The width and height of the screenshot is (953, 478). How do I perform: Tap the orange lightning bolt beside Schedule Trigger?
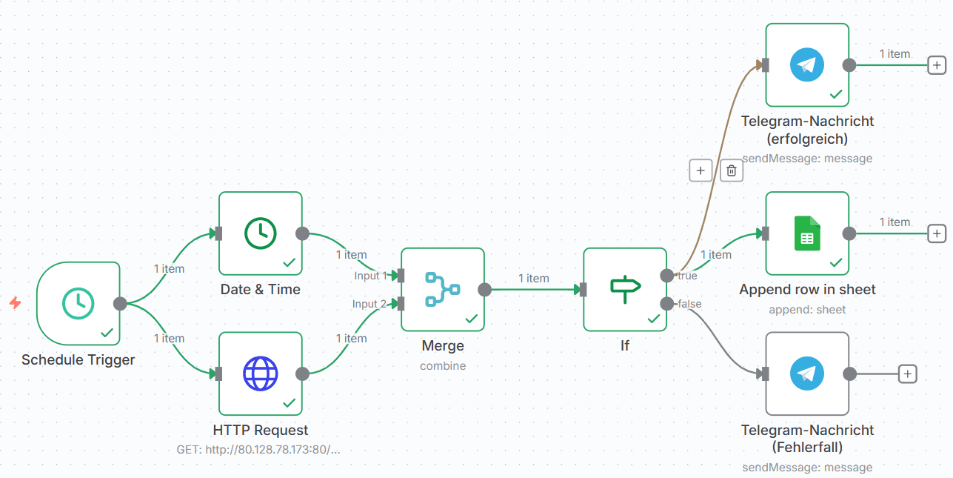click(15, 303)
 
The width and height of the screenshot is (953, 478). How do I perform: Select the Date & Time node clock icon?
click(261, 233)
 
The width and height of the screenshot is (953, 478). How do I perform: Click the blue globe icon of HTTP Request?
click(261, 374)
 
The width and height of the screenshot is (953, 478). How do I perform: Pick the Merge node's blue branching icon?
click(443, 289)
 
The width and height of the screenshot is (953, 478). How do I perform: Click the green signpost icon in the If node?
click(625, 289)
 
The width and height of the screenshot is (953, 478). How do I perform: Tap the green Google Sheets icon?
click(807, 233)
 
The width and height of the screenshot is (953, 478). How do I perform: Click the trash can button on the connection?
click(732, 170)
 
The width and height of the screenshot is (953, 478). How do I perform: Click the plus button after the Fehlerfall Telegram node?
click(908, 374)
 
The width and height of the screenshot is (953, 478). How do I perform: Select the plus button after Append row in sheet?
click(937, 233)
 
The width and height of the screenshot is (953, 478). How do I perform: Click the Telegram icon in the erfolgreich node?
click(807, 65)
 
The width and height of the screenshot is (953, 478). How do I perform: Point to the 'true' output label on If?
click(686, 276)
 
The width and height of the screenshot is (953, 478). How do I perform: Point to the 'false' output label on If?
click(689, 304)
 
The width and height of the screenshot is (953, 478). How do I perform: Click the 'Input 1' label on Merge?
click(370, 276)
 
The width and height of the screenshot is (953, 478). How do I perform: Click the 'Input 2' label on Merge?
click(370, 304)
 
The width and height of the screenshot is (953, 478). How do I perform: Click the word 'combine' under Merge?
click(443, 365)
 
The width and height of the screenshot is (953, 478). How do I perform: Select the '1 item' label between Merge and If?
click(533, 279)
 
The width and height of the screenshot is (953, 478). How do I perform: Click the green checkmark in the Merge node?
click(472, 319)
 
